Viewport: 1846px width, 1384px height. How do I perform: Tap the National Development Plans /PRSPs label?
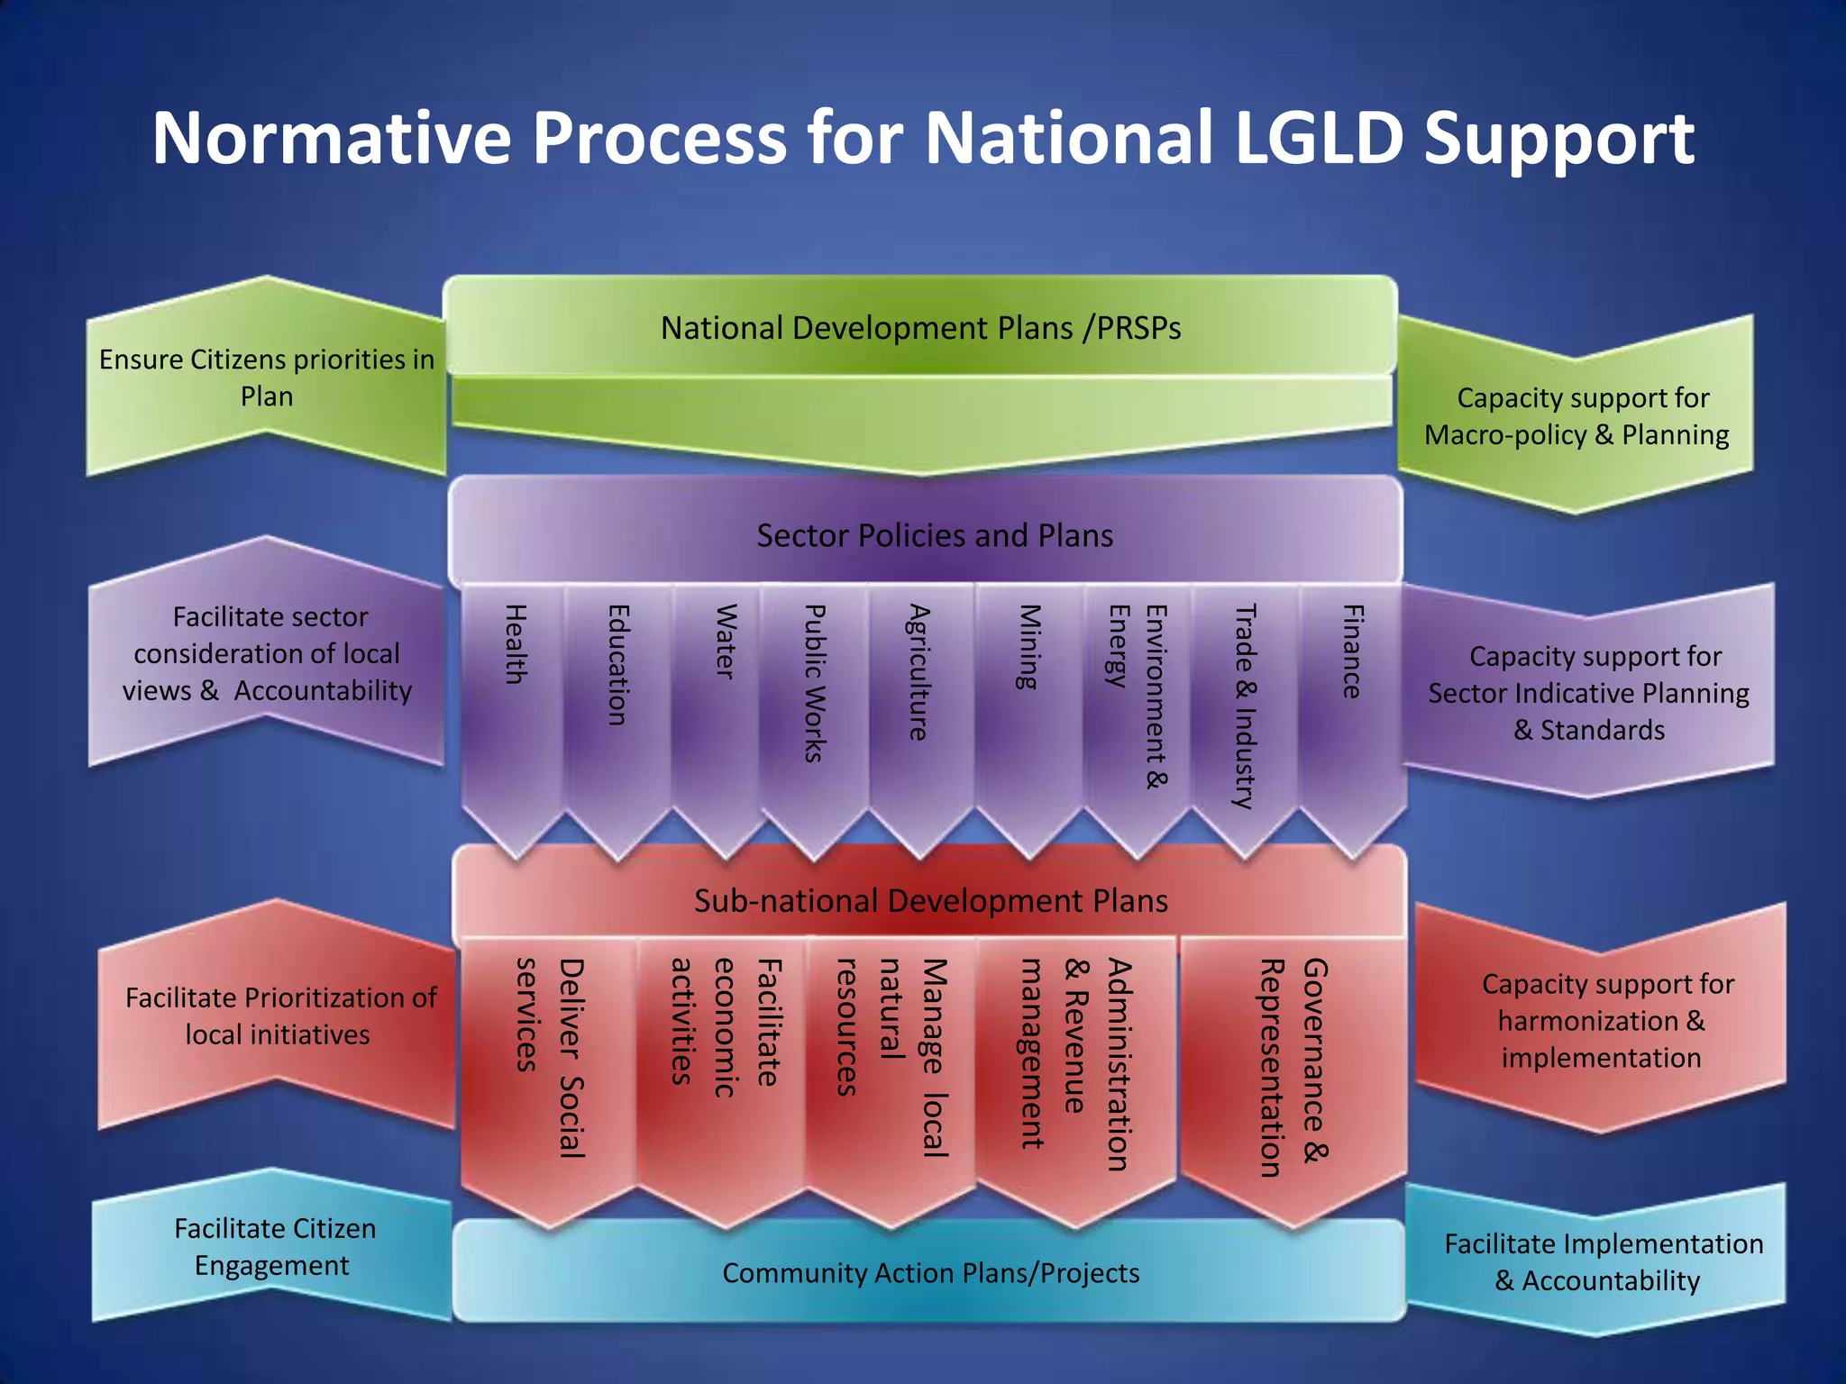(920, 328)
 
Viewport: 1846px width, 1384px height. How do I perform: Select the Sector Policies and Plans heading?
(935, 536)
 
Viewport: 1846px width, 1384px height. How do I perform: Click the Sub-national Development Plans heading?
(931, 901)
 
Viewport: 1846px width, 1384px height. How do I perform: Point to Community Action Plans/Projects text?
(931, 1273)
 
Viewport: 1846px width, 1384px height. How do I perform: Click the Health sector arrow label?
(515, 643)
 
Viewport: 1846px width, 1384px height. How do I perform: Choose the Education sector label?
(617, 665)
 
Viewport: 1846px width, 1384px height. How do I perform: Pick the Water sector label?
(726, 641)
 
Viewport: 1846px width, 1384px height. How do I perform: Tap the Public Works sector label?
(814, 683)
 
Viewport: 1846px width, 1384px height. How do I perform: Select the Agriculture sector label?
(918, 672)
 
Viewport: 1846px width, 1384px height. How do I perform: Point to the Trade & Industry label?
(1244, 706)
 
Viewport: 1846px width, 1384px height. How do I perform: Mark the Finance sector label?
(1352, 651)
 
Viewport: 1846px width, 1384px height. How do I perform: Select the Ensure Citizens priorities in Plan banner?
(267, 378)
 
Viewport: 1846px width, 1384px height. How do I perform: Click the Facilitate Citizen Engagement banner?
(274, 1246)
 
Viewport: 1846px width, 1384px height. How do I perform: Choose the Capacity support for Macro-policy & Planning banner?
(1577, 416)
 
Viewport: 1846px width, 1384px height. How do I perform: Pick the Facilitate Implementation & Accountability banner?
(1603, 1261)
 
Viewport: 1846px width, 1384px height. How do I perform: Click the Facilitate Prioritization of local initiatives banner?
(279, 1015)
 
